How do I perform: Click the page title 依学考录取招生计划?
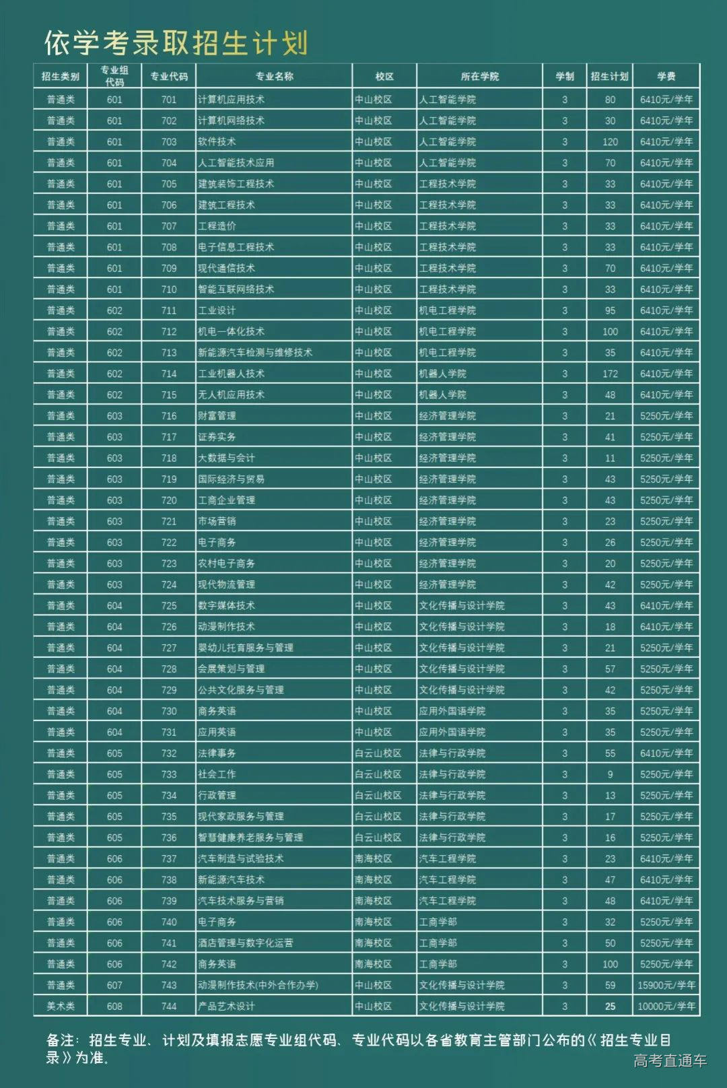click(x=176, y=42)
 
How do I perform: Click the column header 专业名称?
click(x=274, y=76)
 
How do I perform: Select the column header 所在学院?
click(x=479, y=76)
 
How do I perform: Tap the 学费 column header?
click(x=666, y=76)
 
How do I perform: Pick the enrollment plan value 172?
click(x=610, y=374)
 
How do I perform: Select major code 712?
click(x=169, y=331)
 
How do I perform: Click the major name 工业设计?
click(x=217, y=310)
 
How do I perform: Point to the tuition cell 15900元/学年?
click(x=666, y=985)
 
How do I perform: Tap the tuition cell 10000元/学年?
click(x=666, y=1006)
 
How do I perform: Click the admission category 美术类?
click(x=61, y=1006)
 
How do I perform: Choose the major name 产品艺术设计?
click(x=226, y=1006)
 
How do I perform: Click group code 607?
click(x=114, y=985)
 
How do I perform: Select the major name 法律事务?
click(x=217, y=753)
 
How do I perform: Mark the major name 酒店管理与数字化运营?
click(x=245, y=943)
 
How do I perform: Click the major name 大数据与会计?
click(x=226, y=458)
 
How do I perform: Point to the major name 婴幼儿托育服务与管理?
click(x=245, y=648)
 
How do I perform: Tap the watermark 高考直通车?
click(x=670, y=1060)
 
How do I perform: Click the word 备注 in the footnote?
click(x=61, y=1040)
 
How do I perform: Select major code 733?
click(x=169, y=774)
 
